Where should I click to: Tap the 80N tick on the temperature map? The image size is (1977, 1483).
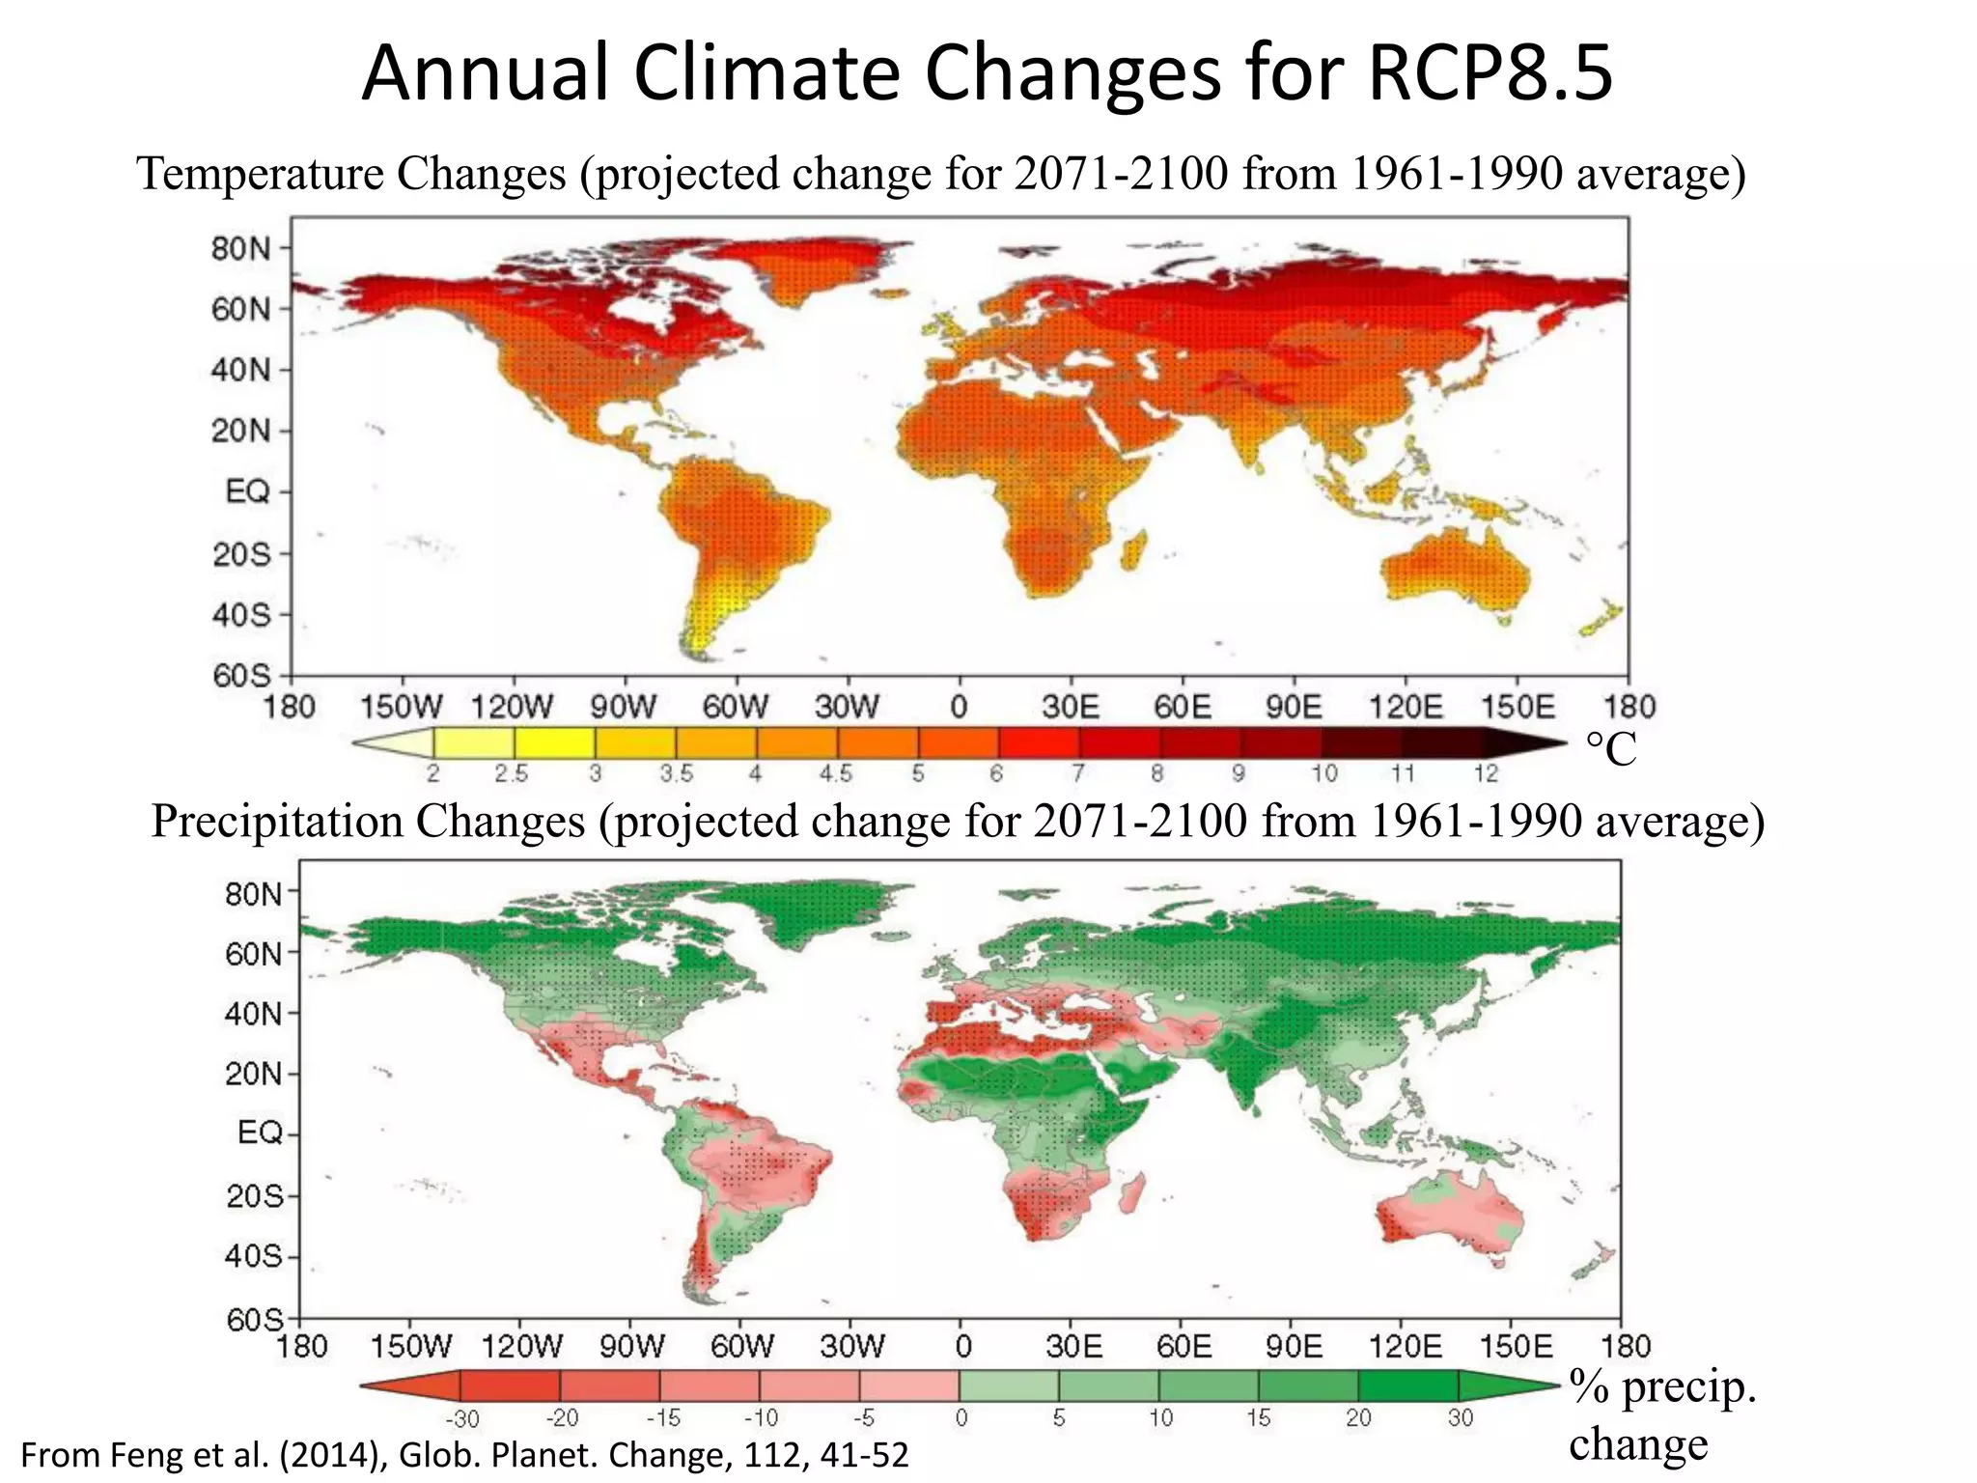[x=242, y=249]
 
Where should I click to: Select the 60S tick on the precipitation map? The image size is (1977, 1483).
[x=256, y=1319]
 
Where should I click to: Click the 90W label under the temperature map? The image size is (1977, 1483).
[x=624, y=708]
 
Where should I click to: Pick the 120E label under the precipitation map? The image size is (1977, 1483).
[x=1405, y=1346]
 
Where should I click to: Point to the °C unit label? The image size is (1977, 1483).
[x=1611, y=749]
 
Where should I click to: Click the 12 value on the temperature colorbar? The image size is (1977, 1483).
[x=1486, y=773]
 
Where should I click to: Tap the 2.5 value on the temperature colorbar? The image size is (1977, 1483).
[x=512, y=773]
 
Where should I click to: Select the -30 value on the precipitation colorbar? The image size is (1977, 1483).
[x=462, y=1418]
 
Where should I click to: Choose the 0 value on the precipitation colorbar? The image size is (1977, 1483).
[x=961, y=1417]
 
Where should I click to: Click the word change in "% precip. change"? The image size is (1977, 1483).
[x=1637, y=1444]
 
